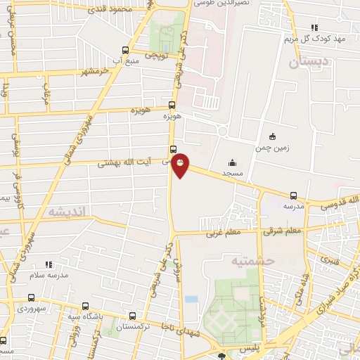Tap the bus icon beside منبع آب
[x=125, y=50]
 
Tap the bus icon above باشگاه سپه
[x=85, y=307]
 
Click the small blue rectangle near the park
[x=191, y=299]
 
